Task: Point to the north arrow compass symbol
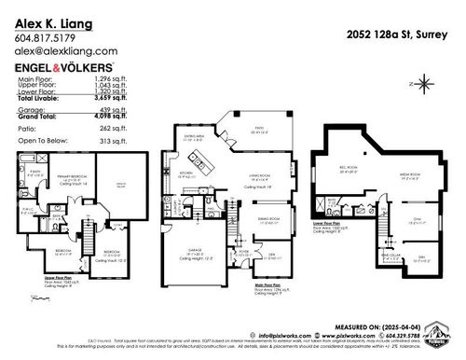pos(420,83)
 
